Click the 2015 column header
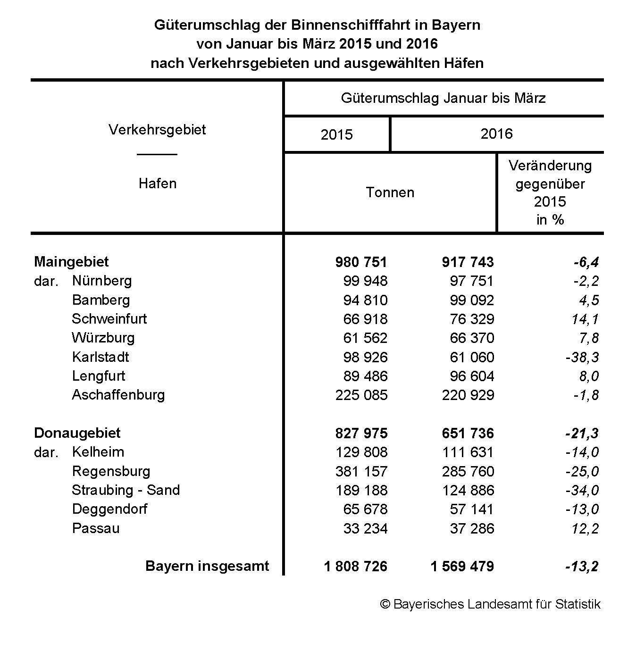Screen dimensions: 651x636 tap(336, 135)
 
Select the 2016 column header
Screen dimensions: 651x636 tap(496, 134)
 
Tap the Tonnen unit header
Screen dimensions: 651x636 tap(390, 192)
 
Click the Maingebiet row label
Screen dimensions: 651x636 tap(71, 262)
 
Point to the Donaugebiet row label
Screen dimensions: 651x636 tap(77, 433)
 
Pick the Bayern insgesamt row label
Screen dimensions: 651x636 tap(207, 566)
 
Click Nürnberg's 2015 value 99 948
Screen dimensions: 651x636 tap(365, 281)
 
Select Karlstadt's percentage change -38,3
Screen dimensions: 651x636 tap(582, 357)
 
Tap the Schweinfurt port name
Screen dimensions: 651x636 tap(109, 319)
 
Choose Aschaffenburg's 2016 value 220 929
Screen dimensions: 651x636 tap(468, 395)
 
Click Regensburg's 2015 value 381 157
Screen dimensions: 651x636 tap(361, 471)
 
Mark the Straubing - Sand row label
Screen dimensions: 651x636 tap(126, 490)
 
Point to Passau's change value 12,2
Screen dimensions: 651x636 tap(585, 528)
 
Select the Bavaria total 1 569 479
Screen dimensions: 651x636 tap(462, 566)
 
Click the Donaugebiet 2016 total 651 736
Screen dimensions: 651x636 tap(468, 433)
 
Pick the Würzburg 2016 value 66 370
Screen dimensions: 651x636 tap(472, 338)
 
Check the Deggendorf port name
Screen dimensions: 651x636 tap(109, 509)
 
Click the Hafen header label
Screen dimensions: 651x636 tap(157, 184)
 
